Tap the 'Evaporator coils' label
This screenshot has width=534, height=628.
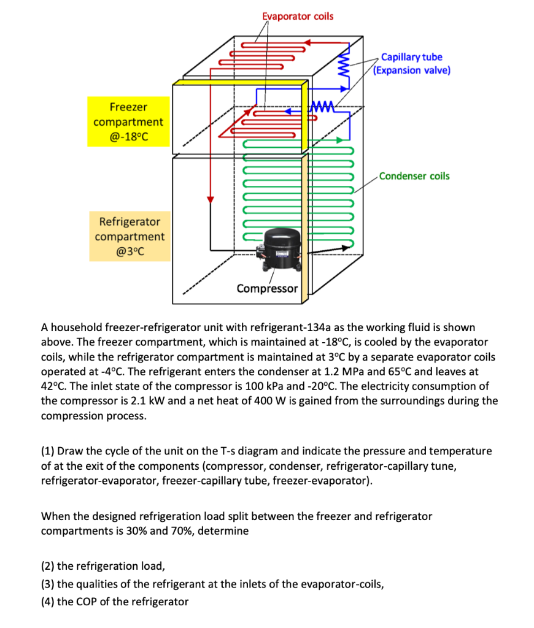tap(298, 16)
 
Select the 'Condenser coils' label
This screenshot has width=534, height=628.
tap(414, 176)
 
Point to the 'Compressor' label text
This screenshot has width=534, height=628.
tap(267, 288)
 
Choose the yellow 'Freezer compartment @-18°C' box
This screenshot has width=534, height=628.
tap(128, 121)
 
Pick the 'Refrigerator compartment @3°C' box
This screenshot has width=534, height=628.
tap(130, 236)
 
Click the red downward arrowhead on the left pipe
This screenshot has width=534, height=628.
tap(210, 198)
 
